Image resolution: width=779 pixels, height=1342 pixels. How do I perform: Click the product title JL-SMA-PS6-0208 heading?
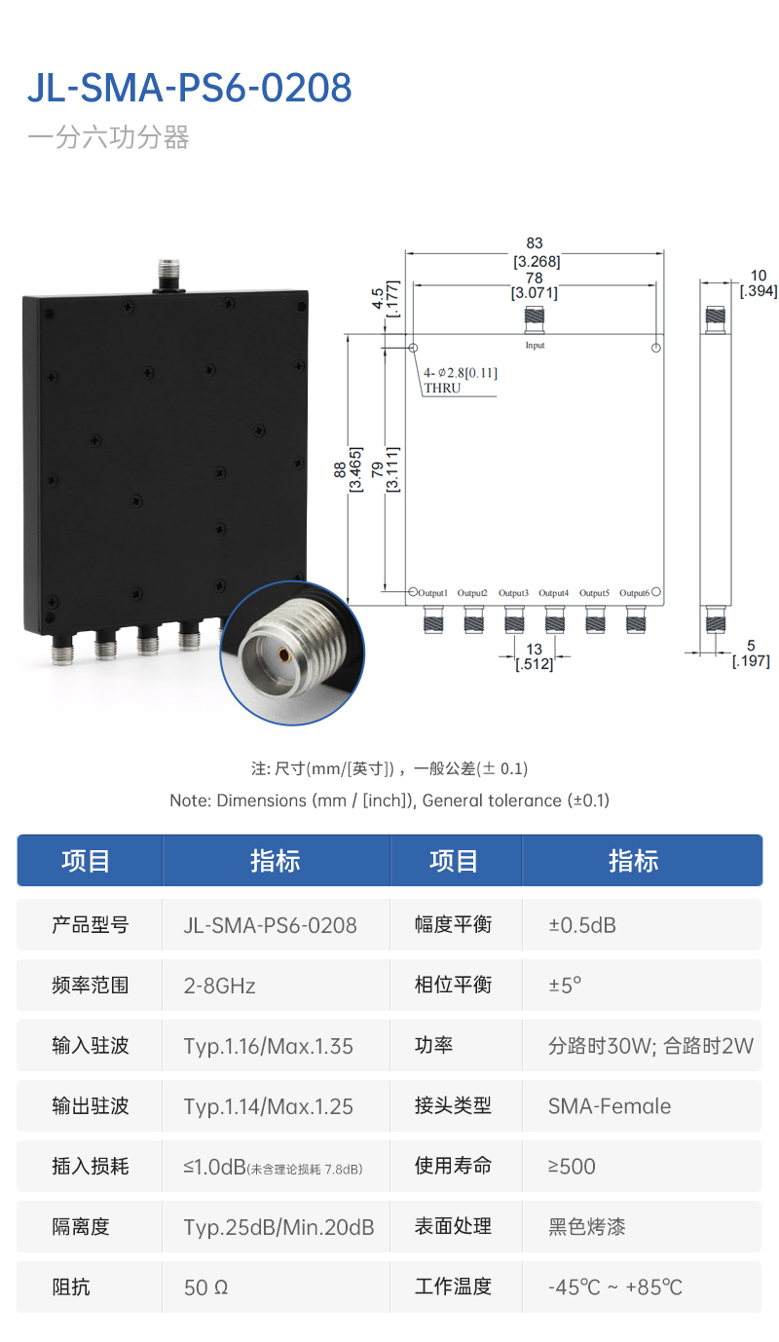[x=189, y=89]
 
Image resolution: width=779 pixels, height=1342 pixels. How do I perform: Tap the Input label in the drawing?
[x=535, y=346]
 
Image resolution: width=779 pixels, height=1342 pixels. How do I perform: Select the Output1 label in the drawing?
[x=432, y=593]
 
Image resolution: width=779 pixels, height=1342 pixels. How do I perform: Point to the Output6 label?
[x=633, y=593]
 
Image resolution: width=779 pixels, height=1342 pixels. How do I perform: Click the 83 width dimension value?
[x=535, y=243]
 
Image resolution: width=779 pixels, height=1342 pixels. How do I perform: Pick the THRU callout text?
[x=442, y=388]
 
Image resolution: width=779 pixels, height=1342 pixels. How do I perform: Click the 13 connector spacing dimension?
[x=534, y=649]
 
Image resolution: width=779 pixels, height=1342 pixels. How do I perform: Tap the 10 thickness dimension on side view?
[x=759, y=277]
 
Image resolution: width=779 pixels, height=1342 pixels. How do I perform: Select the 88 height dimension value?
[x=338, y=469]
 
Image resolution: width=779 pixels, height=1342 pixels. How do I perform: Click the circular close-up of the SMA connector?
[x=293, y=653]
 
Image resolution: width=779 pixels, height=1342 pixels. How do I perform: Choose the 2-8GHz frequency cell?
[x=220, y=986]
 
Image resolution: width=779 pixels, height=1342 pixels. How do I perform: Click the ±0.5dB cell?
[x=582, y=925]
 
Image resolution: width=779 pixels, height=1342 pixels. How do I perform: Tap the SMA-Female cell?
[x=610, y=1106]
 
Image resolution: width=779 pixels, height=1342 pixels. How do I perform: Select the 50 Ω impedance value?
[x=205, y=1287]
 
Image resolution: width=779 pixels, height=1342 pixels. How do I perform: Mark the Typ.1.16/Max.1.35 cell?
[x=269, y=1046]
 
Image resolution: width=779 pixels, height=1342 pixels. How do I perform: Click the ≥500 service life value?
[x=572, y=1167]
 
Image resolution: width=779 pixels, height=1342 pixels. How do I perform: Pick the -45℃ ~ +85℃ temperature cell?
[x=615, y=1287]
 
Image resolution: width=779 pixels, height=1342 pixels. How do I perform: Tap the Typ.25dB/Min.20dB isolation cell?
[x=278, y=1227]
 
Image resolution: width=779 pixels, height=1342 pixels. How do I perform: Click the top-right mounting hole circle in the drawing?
[x=656, y=348]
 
